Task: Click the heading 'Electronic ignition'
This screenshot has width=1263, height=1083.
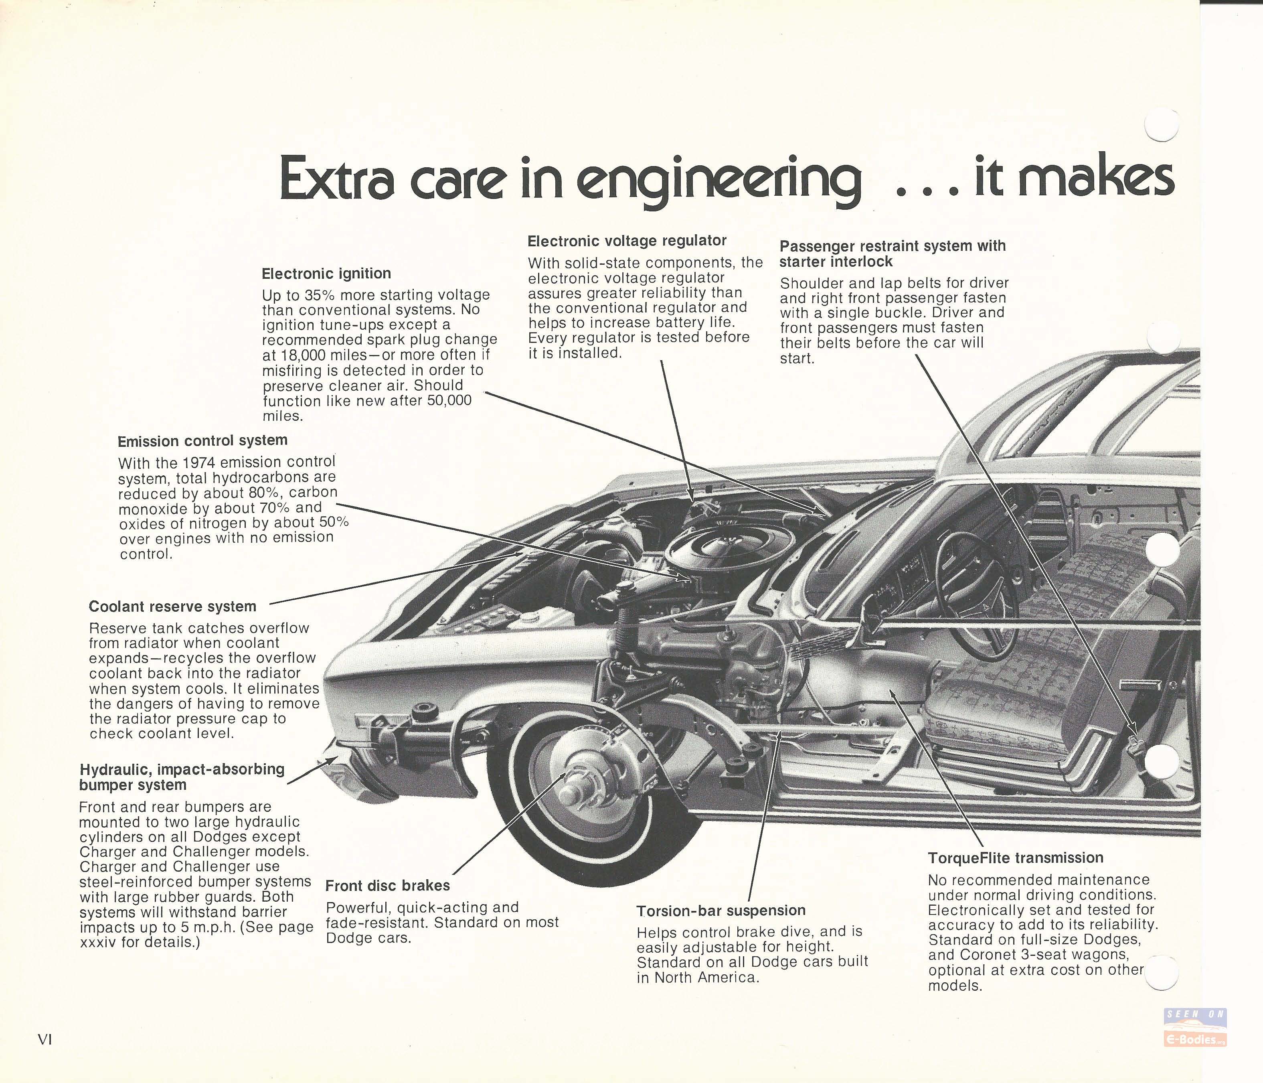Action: (x=326, y=274)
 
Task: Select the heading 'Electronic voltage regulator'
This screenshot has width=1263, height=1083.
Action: (x=627, y=241)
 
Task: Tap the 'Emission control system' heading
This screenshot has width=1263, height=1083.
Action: (x=202, y=440)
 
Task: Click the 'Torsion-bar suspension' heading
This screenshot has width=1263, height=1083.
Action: (x=721, y=911)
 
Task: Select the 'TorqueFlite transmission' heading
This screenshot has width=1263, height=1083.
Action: (x=1016, y=858)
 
